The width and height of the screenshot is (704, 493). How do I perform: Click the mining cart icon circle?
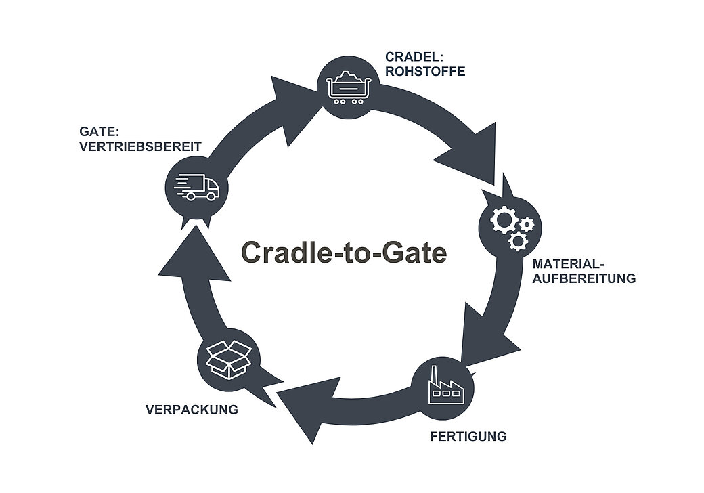pos(349,85)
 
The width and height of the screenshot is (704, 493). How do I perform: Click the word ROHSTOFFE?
pos(425,71)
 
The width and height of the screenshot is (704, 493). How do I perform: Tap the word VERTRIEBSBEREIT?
pos(140,145)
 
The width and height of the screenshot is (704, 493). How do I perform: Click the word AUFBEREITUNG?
pos(584,278)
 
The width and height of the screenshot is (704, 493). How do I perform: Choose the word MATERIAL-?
pos(568,263)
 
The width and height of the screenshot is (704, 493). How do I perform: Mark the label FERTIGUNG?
pos(468,436)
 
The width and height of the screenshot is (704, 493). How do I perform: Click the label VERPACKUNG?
pos(192,410)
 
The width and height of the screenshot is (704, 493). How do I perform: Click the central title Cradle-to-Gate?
pos(344,253)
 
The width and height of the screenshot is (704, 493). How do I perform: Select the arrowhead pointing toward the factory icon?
pos(489,335)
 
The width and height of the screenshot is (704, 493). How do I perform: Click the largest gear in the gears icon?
pos(503,220)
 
